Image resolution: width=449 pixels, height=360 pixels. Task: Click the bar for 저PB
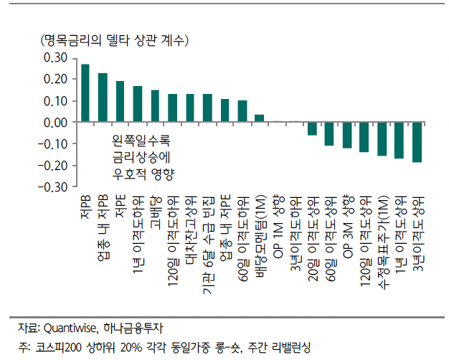click(x=85, y=93)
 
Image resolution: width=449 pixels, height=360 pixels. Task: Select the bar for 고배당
click(x=155, y=106)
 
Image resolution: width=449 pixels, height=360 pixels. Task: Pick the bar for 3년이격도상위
click(x=417, y=142)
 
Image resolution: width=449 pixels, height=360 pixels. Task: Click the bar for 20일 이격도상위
click(x=312, y=128)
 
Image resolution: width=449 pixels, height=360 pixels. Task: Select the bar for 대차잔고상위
click(x=190, y=108)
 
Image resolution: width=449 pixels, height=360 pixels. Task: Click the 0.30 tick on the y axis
click(x=56, y=58)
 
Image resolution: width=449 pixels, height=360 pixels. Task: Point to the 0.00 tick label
click(x=56, y=123)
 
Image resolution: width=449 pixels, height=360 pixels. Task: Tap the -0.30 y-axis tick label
click(x=55, y=187)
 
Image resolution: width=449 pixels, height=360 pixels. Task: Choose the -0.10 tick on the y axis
click(x=55, y=144)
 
